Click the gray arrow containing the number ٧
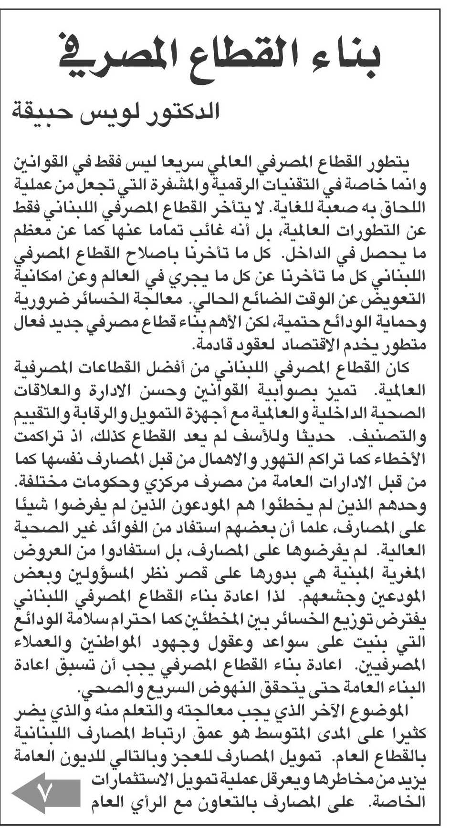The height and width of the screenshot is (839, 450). (x=46, y=793)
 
